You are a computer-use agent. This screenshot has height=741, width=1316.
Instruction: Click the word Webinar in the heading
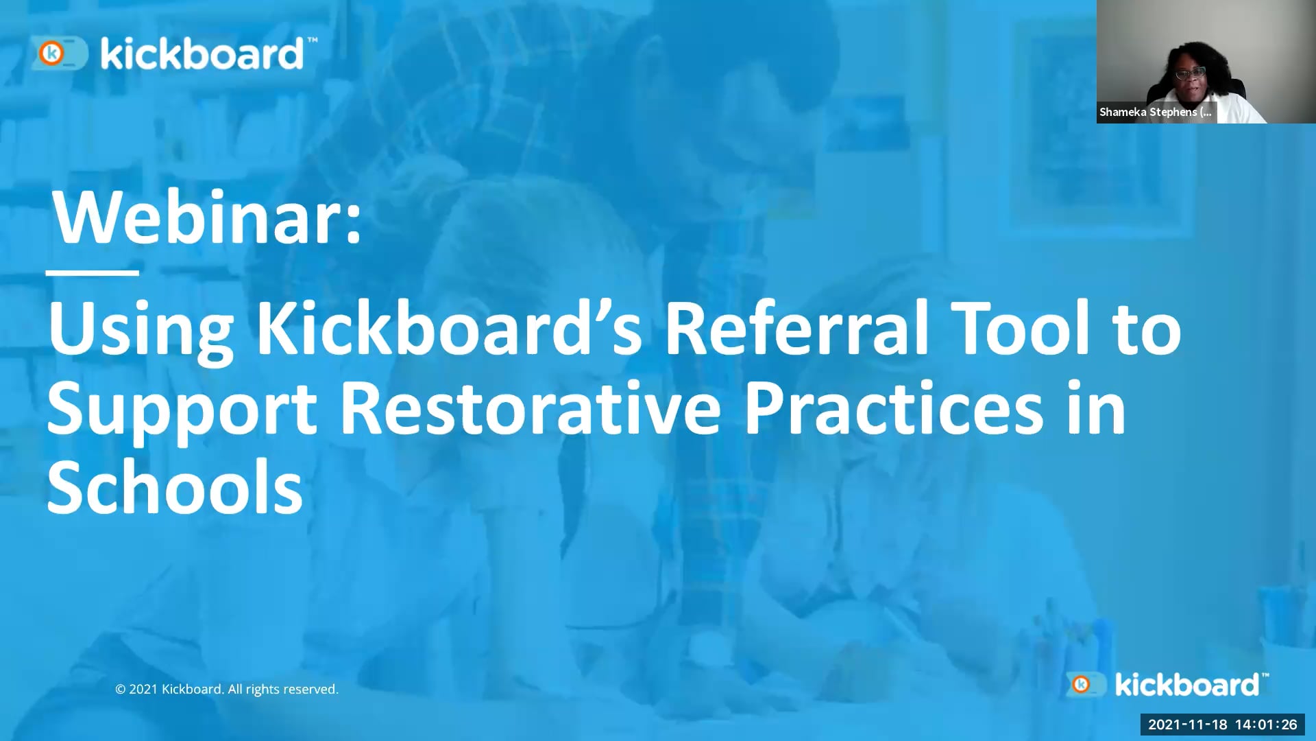[x=206, y=218]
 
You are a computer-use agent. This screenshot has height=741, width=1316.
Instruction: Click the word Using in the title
[x=141, y=329]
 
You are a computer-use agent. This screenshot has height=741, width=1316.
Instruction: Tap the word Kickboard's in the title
[x=449, y=329]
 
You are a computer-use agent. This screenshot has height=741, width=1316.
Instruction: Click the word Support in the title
[x=182, y=410]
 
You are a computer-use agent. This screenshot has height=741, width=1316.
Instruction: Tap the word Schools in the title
[x=175, y=488]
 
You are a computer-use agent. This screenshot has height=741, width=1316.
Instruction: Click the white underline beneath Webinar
[x=93, y=273]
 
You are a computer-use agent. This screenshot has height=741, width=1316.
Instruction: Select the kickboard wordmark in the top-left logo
[x=202, y=54]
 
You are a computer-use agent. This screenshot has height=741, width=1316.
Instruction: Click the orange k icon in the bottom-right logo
[x=1082, y=684]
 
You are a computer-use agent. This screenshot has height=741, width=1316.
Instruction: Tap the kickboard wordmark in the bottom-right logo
[x=1187, y=685]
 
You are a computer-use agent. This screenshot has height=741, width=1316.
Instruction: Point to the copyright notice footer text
[x=227, y=689]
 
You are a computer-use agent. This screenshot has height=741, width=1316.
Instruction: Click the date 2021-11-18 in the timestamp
[x=1187, y=725]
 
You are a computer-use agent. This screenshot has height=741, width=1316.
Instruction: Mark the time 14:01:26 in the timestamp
[x=1266, y=725]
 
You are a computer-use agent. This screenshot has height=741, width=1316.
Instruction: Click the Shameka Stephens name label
[x=1156, y=112]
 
